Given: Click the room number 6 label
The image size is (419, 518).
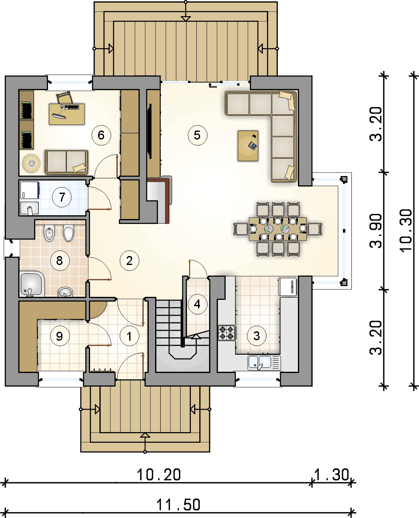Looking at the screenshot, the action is (x=101, y=135).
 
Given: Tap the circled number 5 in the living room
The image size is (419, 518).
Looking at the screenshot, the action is (x=197, y=135).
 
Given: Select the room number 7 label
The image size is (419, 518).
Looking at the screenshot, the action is (x=62, y=197).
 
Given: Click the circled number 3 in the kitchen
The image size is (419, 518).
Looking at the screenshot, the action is (x=257, y=336).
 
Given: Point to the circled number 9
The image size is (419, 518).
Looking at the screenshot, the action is (x=60, y=336).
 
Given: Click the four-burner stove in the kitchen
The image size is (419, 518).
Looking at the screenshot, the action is (x=227, y=333).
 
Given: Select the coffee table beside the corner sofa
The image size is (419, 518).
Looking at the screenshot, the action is (x=248, y=146).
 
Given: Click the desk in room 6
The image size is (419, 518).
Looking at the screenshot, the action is (x=67, y=114).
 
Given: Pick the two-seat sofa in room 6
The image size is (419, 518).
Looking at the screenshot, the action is (x=66, y=162).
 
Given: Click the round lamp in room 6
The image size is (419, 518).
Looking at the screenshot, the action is (x=31, y=163).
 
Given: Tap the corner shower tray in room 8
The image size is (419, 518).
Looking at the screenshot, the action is (x=32, y=284).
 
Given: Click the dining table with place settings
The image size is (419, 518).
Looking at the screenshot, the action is (x=278, y=229).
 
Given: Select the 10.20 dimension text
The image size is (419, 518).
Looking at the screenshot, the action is (x=159, y=475).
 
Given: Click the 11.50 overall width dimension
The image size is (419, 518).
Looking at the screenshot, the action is (x=178, y=505).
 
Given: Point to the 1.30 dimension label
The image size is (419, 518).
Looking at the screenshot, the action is (x=332, y=475).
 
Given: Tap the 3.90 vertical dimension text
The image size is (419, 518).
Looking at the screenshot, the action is (x=376, y=231).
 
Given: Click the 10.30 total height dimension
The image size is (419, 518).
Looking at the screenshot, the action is (x=406, y=231).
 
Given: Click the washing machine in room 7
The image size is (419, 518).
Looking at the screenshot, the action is (x=29, y=190).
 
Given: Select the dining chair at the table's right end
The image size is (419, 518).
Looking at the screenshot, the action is (x=315, y=229).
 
